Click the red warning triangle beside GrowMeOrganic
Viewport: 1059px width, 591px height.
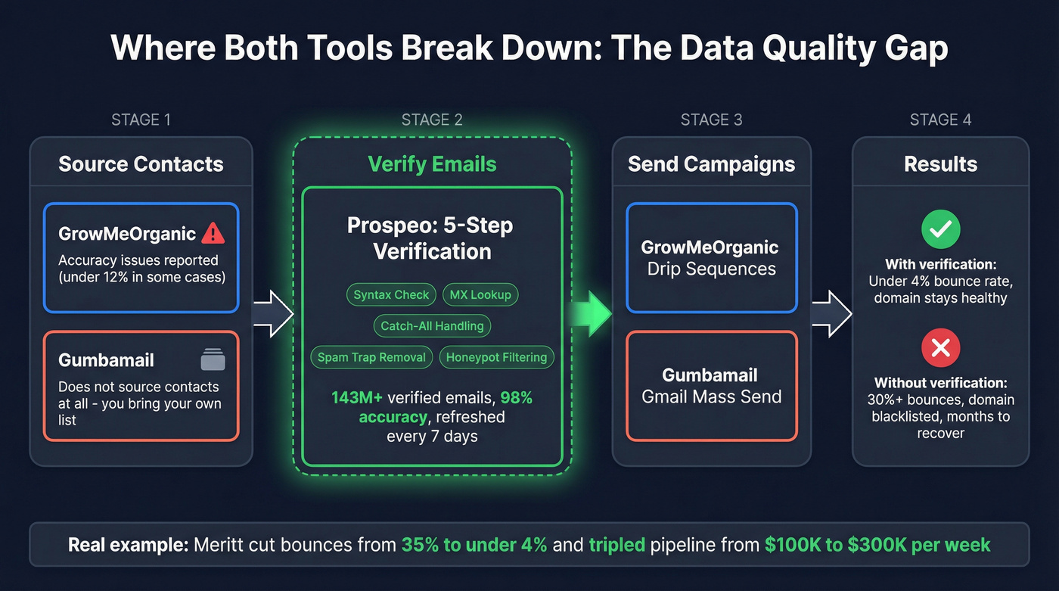coord(213,233)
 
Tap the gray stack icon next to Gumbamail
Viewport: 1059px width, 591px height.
coord(213,359)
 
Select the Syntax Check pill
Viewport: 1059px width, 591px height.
coord(391,294)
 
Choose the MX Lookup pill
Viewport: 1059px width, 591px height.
coord(480,294)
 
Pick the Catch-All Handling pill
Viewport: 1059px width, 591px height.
coord(432,326)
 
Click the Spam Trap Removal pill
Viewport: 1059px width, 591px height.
coord(371,357)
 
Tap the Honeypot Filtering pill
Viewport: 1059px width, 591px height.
coord(496,357)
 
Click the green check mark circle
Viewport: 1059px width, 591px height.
coord(940,228)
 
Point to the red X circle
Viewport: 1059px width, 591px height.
coord(940,348)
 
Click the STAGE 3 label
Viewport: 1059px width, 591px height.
coord(711,120)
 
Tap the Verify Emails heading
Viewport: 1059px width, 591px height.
coord(432,164)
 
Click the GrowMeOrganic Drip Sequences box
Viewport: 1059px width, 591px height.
coord(711,258)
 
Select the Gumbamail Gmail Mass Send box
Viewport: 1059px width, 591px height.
coord(711,386)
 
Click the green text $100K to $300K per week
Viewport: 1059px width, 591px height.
coord(877,545)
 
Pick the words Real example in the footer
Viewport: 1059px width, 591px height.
coord(127,545)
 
